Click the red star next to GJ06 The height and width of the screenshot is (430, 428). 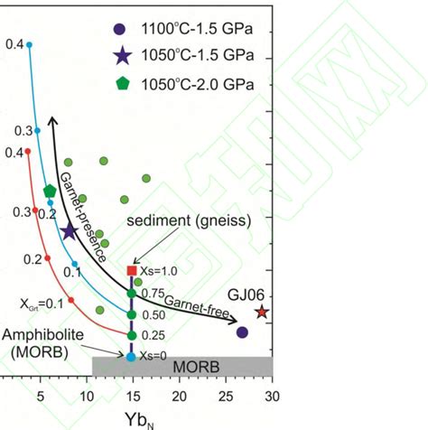pos(262,312)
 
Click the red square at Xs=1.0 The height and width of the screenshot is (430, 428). pos(132,270)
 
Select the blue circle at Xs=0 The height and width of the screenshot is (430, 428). pos(132,357)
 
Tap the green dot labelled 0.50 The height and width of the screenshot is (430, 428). pos(132,314)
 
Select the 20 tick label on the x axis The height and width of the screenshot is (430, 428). pos(179,396)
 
